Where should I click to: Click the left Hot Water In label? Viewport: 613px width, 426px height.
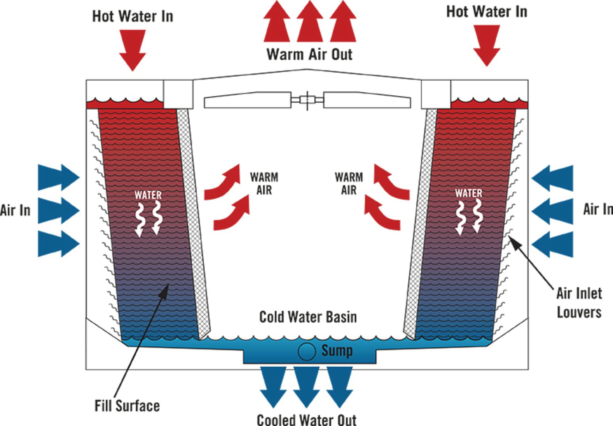click(132, 16)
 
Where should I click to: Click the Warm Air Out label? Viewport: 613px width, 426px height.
click(309, 54)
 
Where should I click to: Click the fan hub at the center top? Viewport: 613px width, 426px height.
click(307, 100)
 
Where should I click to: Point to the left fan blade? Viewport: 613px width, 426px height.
click(247, 100)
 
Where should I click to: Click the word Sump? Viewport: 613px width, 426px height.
click(337, 351)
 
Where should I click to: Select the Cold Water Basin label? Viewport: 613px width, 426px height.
click(308, 317)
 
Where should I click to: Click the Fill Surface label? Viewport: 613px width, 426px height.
click(127, 406)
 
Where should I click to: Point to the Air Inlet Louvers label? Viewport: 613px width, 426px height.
click(579, 303)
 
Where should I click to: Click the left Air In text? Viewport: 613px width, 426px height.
click(15, 210)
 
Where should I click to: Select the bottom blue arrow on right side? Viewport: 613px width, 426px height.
click(553, 244)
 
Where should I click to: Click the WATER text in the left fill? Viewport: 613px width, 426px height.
click(148, 195)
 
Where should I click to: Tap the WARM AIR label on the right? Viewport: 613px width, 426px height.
click(349, 183)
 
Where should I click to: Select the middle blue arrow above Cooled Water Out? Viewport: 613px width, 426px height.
click(306, 386)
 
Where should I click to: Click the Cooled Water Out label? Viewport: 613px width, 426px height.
click(306, 420)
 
